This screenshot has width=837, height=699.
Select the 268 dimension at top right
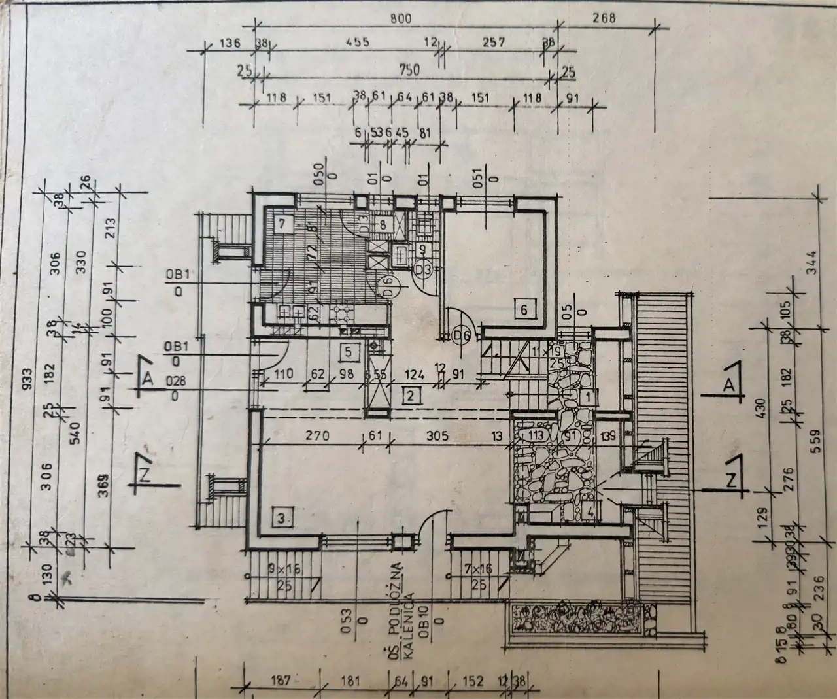pyautogui.click(x=604, y=18)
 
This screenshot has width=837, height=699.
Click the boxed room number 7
pyautogui.click(x=282, y=223)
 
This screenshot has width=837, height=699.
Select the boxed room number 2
pyautogui.click(x=411, y=395)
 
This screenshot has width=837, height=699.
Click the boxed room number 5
pyautogui.click(x=349, y=351)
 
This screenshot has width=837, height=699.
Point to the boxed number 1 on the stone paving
pyautogui.click(x=588, y=395)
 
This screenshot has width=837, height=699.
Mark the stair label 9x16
pyautogui.click(x=284, y=570)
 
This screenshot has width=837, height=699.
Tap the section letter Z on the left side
pyautogui.click(x=145, y=476)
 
